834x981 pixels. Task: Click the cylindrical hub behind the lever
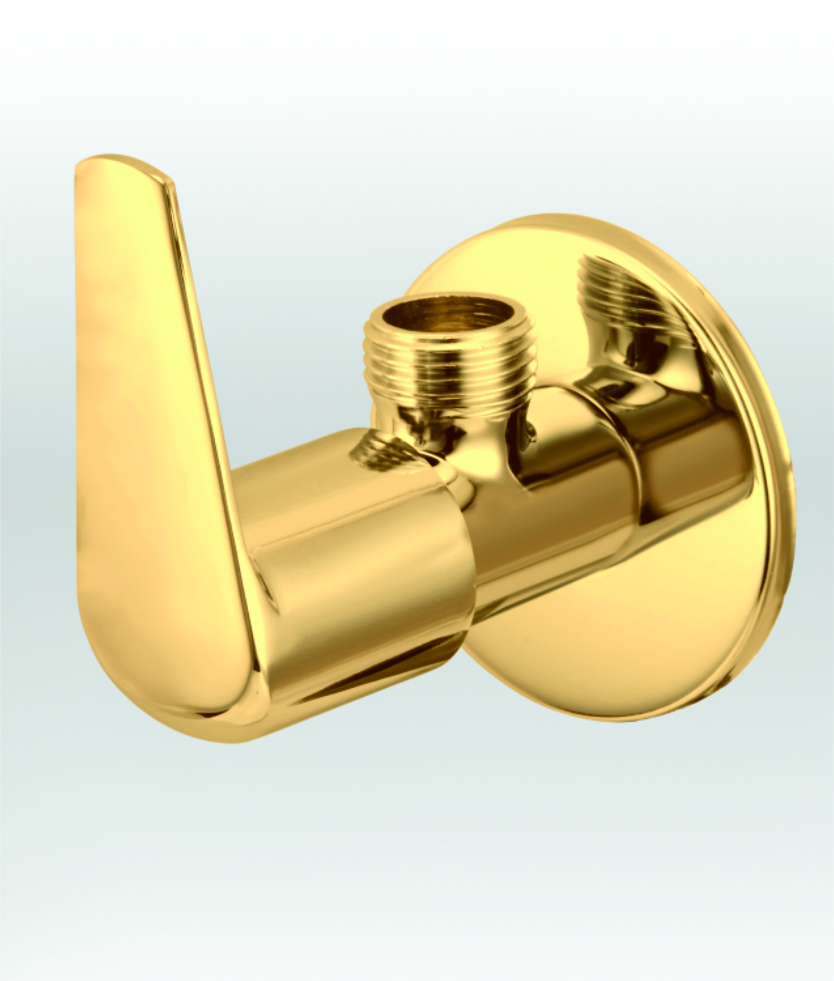[x=359, y=567]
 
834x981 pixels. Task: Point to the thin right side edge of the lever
[x=208, y=378]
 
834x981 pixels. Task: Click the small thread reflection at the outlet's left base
[x=378, y=454]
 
